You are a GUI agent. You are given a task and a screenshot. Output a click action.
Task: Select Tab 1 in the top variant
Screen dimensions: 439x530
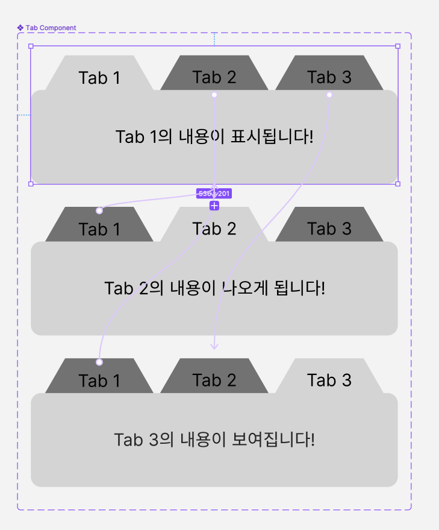(x=99, y=78)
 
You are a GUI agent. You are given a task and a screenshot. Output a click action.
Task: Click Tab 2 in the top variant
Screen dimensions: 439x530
(x=214, y=77)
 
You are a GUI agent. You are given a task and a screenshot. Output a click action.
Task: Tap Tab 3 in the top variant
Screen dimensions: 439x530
(x=329, y=77)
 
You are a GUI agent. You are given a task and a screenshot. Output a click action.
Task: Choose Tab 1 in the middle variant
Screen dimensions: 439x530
(x=99, y=229)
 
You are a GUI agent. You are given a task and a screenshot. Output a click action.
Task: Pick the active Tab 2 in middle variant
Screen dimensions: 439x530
(x=214, y=228)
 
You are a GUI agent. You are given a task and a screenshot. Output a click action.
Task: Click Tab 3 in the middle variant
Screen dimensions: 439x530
(x=329, y=228)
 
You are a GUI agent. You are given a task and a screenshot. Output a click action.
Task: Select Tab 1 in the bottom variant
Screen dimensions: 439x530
(x=99, y=380)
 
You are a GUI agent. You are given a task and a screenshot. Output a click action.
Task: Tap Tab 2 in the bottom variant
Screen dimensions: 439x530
(x=214, y=380)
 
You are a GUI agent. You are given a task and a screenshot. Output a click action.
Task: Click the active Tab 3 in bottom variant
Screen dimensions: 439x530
(x=329, y=380)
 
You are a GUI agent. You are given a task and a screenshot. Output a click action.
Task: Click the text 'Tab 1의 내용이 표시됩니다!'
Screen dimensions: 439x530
(x=214, y=136)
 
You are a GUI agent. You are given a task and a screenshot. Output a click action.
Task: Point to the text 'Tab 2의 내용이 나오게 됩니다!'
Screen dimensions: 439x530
(x=214, y=288)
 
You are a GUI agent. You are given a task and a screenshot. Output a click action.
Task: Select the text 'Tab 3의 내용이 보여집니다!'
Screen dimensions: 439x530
(x=214, y=439)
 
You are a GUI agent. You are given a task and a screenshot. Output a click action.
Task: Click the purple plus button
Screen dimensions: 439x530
(x=214, y=206)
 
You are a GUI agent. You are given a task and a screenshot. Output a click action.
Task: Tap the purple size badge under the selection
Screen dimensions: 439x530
(x=214, y=194)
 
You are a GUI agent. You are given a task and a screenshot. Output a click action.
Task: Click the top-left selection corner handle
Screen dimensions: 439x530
(x=31, y=46)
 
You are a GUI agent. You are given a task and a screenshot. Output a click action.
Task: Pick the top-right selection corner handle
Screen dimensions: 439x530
(x=397, y=46)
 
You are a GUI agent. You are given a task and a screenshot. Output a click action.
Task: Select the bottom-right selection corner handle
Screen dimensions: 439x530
(x=397, y=184)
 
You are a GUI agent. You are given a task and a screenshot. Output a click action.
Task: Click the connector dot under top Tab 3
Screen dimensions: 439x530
(x=329, y=95)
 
